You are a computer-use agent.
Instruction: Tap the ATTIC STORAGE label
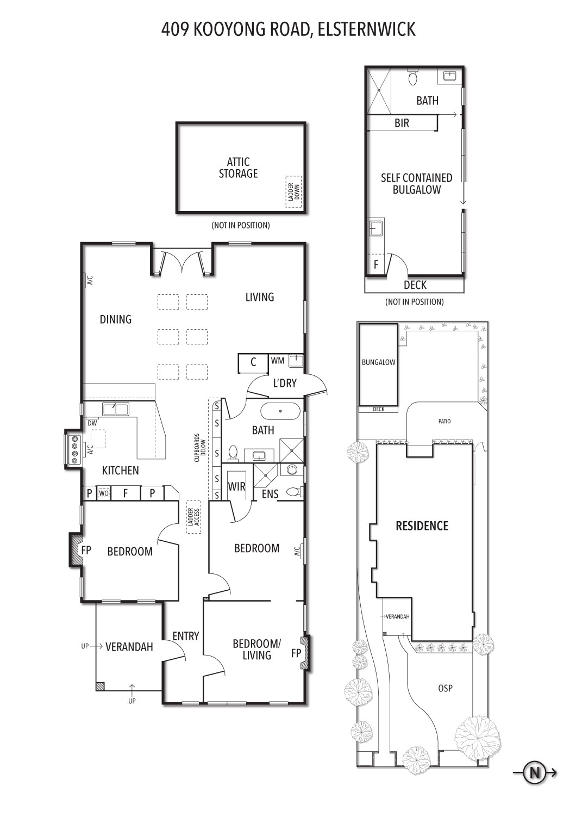(x=239, y=168)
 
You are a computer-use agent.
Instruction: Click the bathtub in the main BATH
(x=280, y=411)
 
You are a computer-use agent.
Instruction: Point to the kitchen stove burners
(x=76, y=450)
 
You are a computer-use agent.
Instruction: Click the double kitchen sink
(x=115, y=409)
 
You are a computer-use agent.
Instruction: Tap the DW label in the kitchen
(x=92, y=423)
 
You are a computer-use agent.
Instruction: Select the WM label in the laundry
(x=278, y=361)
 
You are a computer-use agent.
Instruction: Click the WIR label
(x=236, y=486)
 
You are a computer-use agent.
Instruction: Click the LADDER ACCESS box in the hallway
(x=193, y=517)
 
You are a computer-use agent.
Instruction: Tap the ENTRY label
(x=186, y=636)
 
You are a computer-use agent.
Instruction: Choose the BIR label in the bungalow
(x=402, y=123)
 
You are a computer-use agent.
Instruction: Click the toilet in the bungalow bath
(x=412, y=77)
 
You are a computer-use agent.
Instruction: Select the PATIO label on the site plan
(x=444, y=422)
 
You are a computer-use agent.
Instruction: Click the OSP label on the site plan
(x=446, y=688)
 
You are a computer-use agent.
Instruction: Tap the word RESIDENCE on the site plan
(x=422, y=526)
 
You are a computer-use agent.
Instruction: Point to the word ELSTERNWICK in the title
(x=367, y=29)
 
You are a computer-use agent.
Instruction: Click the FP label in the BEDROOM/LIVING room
(x=296, y=653)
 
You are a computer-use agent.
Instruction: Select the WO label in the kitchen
(x=104, y=493)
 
